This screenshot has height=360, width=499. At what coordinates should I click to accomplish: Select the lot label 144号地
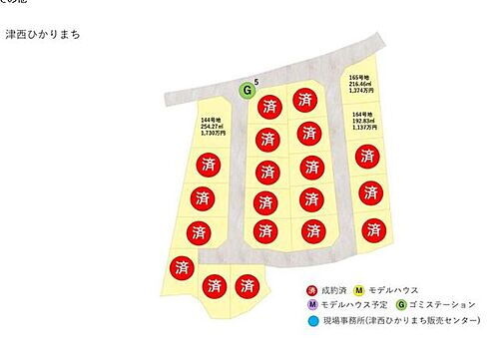(211, 118)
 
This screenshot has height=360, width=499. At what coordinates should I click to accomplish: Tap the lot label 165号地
(359, 77)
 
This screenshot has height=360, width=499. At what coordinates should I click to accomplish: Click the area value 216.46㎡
(359, 84)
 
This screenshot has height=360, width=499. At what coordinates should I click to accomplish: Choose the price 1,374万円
(359, 91)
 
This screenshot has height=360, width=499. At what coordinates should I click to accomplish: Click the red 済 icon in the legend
(311, 288)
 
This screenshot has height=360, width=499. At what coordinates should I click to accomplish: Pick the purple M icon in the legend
(311, 303)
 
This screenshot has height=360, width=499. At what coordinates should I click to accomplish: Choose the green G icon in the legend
(400, 303)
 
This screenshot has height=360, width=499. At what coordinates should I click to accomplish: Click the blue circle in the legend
(311, 320)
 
